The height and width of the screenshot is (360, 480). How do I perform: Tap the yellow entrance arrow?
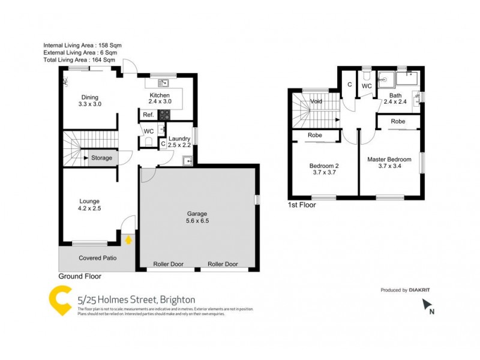click(x=128, y=239)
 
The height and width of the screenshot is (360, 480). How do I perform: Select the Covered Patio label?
click(x=97, y=258)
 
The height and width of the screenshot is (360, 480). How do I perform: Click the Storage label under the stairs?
click(x=101, y=158)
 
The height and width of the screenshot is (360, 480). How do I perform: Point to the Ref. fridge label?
click(x=148, y=115)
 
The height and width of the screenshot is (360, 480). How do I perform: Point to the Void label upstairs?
click(x=316, y=101)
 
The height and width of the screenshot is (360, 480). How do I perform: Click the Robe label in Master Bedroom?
click(x=398, y=121)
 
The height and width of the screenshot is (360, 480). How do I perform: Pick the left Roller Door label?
click(x=169, y=264)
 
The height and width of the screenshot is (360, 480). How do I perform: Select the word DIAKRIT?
click(x=420, y=290)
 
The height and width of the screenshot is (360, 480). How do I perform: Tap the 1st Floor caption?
click(x=302, y=205)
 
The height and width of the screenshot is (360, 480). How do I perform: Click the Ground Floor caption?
click(x=80, y=277)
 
